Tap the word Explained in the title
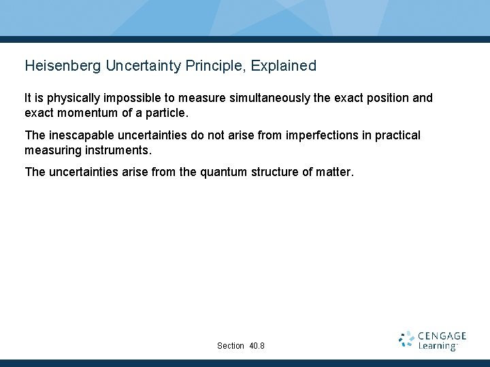[284, 66]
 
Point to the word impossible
[127, 98]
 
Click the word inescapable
[82, 135]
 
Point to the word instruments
[118, 149]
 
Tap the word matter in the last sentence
[335, 172]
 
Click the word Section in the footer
[231, 346]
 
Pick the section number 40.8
[257, 346]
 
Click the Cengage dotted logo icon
[406, 340]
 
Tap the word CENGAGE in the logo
[442, 336]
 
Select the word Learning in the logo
[438, 346]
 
